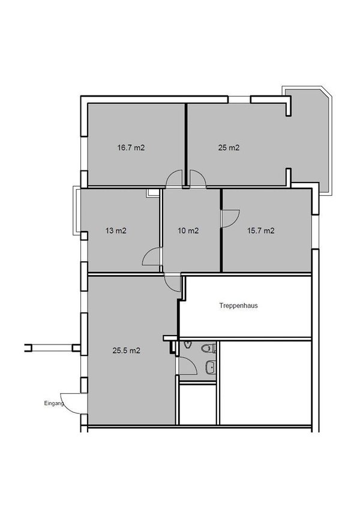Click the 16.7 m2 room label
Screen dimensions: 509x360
[x=131, y=147]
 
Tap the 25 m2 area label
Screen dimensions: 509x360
[x=228, y=147]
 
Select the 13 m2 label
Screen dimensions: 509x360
[x=116, y=230]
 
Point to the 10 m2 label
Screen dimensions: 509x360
[x=189, y=230]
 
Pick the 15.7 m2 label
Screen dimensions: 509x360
[x=261, y=230]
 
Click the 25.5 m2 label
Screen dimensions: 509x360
[x=127, y=351]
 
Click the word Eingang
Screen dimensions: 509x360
[x=53, y=403]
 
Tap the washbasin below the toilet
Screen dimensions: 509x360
[x=210, y=367]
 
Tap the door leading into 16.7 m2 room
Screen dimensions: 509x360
[x=176, y=179]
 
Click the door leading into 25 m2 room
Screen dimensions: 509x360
[x=197, y=179]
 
